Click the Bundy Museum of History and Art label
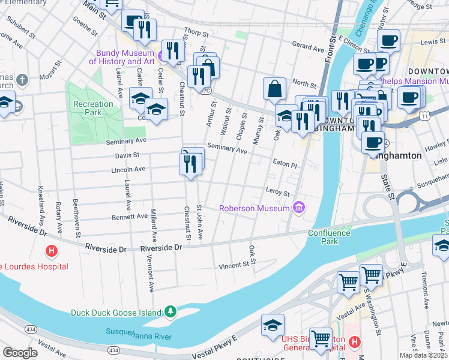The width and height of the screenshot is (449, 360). coord(122,57)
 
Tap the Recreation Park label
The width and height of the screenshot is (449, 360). coord(93,108)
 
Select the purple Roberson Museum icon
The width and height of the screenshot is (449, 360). coord(299,208)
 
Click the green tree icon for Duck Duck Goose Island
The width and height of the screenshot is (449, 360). coord(171,312)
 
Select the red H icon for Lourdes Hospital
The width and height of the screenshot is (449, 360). coord(52,250)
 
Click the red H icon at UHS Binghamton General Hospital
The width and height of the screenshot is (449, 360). coord(354,342)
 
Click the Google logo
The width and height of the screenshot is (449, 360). coord(20,353)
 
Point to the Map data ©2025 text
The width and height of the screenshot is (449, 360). coord(424,355)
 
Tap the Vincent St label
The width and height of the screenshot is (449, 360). coord(234,265)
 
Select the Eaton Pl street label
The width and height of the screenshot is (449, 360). coord(285,164)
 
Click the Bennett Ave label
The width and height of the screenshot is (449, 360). coord(130,216)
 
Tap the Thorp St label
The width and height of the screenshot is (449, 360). coord(195,30)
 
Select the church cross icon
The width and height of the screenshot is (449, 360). coord(22,80)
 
